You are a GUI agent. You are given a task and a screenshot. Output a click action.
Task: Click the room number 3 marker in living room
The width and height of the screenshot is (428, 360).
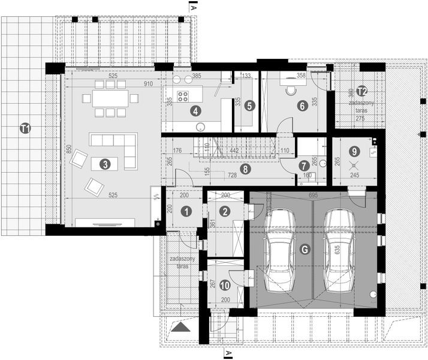pyautogui.click(x=104, y=163)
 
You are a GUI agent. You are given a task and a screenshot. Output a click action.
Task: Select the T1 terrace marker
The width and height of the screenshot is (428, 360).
pyautogui.click(x=24, y=127)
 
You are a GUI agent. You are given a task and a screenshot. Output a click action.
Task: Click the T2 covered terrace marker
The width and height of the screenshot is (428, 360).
pyautogui.click(x=361, y=91)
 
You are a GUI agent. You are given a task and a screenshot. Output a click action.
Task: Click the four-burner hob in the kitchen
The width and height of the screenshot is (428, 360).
pyautogui.click(x=183, y=97)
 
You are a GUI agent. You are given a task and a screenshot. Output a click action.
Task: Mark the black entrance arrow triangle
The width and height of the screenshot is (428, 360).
pyautogui.click(x=178, y=328)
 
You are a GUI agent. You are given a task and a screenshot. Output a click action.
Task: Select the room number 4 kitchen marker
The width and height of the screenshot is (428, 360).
pyautogui.click(x=195, y=110)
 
